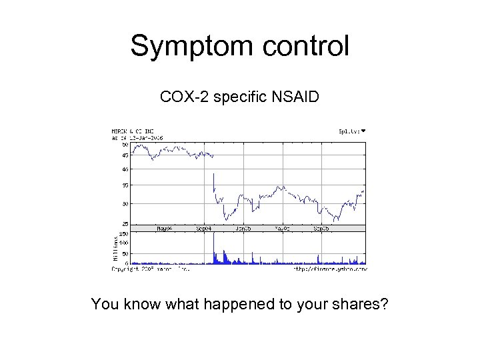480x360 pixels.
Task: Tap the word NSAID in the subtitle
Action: coord(295,98)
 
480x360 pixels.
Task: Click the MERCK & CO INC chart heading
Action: coord(133,131)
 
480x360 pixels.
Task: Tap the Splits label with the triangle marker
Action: coord(352,131)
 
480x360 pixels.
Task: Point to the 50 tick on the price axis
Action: coord(125,144)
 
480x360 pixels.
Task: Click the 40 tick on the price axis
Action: coord(125,169)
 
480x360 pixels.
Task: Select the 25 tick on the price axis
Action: coord(125,224)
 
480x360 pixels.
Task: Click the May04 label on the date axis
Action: coord(164,228)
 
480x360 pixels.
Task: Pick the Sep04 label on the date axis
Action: coord(204,228)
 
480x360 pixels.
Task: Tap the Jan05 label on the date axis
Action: coord(243,228)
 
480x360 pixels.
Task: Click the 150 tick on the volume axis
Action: coord(123,234)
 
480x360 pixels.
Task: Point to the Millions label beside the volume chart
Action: coord(115,247)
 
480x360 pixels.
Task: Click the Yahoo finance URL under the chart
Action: coord(329,269)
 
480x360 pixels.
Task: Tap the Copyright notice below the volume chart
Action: coord(150,269)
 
